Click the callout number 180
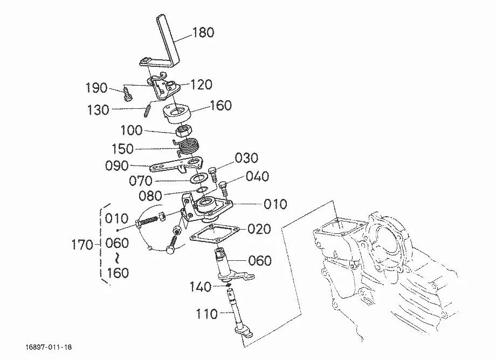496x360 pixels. coord(203,32)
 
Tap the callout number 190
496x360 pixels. coord(97,87)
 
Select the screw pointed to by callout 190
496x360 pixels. coord(128,95)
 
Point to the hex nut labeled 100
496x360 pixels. coord(183,130)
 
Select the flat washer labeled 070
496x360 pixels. coord(198,178)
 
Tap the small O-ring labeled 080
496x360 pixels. coord(202,190)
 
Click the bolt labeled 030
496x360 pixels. coord(213,175)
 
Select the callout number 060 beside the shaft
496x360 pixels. coord(260,261)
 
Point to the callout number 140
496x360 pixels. coord(200,287)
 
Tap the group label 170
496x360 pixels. coord(82,245)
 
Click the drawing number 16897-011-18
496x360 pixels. coord(49,348)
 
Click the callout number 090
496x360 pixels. coord(117,165)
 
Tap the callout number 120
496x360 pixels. coord(201,85)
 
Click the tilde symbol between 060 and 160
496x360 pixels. coord(117,258)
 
